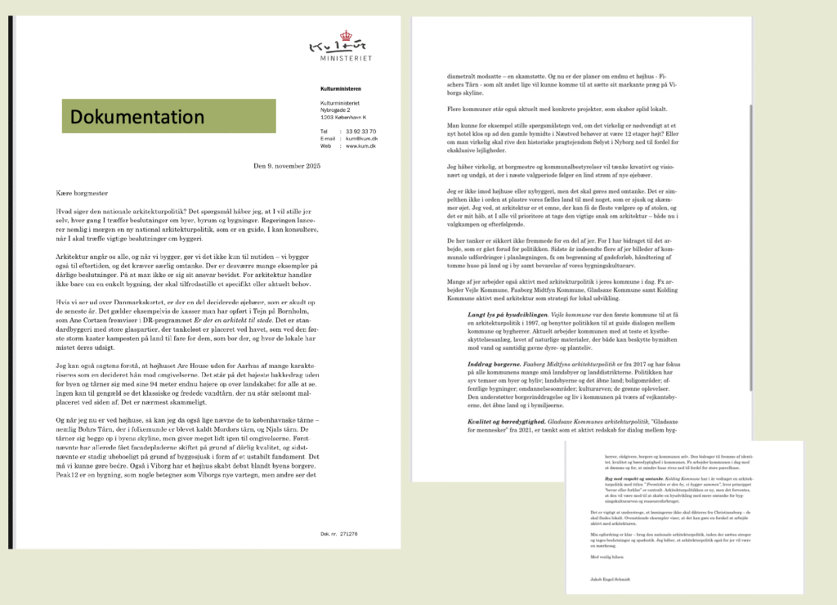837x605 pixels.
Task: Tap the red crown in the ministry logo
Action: tap(344, 36)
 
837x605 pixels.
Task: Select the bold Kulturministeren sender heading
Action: tap(341, 88)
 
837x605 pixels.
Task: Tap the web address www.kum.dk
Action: tap(359, 146)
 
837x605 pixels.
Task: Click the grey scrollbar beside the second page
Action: tap(751, 164)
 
